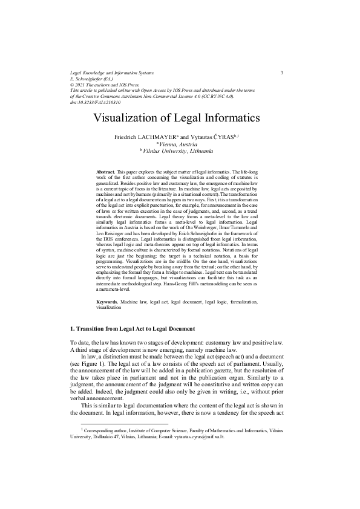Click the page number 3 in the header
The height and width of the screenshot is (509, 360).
coord(282,73)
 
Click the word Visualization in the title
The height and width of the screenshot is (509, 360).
coord(132,118)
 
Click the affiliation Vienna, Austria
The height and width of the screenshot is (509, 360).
coord(181,144)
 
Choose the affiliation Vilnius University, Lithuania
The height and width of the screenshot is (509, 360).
coord(181,152)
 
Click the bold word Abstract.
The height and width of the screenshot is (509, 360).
coord(106,172)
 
